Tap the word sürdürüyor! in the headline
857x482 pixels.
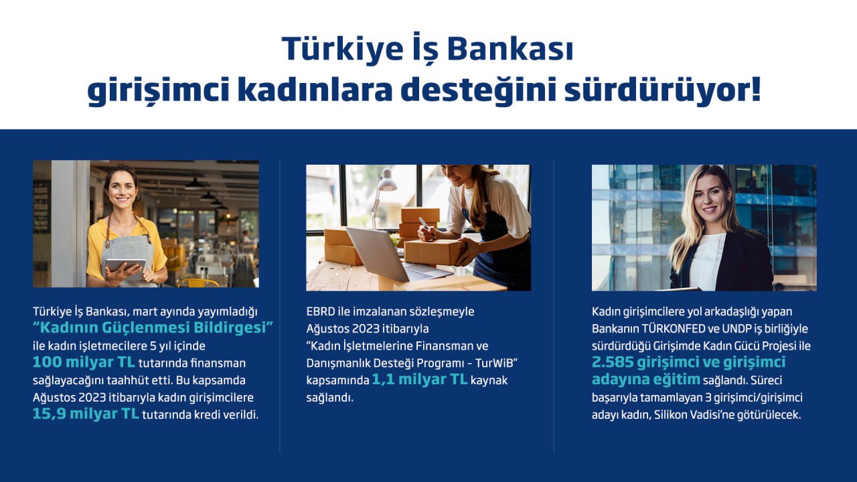click(663, 90)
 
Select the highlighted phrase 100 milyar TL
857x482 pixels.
click(84, 362)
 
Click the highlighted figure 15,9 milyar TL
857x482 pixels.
click(86, 414)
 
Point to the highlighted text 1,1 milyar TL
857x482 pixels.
click(420, 380)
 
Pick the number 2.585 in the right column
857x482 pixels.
click(612, 362)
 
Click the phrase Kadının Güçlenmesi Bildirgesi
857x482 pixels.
click(153, 328)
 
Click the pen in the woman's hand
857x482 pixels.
click(426, 226)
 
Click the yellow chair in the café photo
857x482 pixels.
click(198, 283)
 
